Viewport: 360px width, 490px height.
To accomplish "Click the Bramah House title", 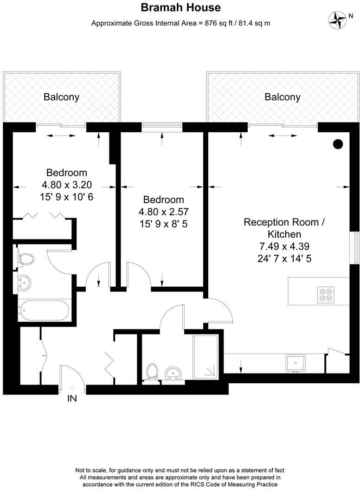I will [x=180, y=8].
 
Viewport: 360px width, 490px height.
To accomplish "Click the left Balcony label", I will [x=61, y=97].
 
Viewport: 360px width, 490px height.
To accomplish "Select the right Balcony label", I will [x=282, y=97].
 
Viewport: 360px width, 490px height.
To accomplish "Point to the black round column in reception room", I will [x=338, y=144].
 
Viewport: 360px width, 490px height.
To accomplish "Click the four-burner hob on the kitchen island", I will [x=325, y=295].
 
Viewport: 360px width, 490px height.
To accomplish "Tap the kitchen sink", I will [x=295, y=362].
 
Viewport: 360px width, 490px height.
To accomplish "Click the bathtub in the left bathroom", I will [x=44, y=309].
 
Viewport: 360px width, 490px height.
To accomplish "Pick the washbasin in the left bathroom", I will [x=24, y=282].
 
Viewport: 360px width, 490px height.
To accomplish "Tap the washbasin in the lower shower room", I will [x=174, y=373].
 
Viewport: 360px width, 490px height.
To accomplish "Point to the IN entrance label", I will [x=72, y=398].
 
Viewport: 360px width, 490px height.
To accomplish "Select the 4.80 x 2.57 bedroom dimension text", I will [x=163, y=212].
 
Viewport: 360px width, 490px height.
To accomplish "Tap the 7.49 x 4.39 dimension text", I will [x=284, y=246].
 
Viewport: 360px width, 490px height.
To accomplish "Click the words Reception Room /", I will [x=284, y=222].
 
